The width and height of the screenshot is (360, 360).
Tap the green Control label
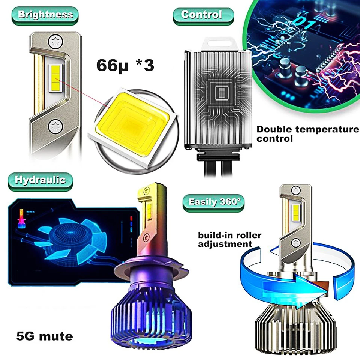(x=203, y=15)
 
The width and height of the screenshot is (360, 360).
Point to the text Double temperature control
(x=307, y=134)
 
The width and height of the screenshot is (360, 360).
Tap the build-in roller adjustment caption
(x=230, y=239)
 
